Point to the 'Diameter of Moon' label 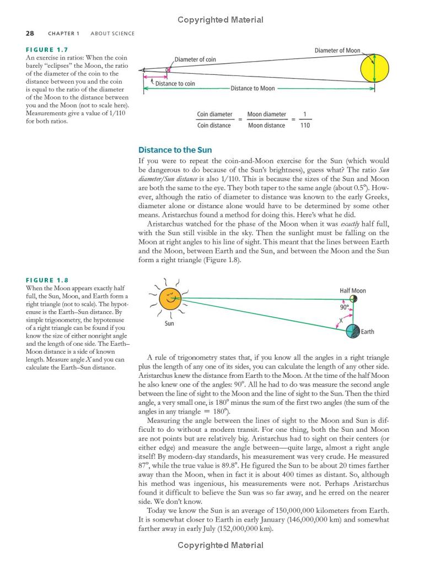click(x=337, y=51)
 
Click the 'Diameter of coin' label click(x=195, y=59)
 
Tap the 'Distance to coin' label click(x=175, y=84)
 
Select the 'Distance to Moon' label click(x=252, y=88)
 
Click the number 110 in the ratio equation click(x=305, y=126)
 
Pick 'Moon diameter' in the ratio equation click(x=266, y=115)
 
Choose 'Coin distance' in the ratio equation click(x=214, y=126)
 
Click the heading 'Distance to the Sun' click(x=175, y=150)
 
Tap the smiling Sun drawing click(x=170, y=299)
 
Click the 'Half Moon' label click(x=353, y=291)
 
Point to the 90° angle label click(x=345, y=307)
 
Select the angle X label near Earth click(x=341, y=321)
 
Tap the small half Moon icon click(x=353, y=299)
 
